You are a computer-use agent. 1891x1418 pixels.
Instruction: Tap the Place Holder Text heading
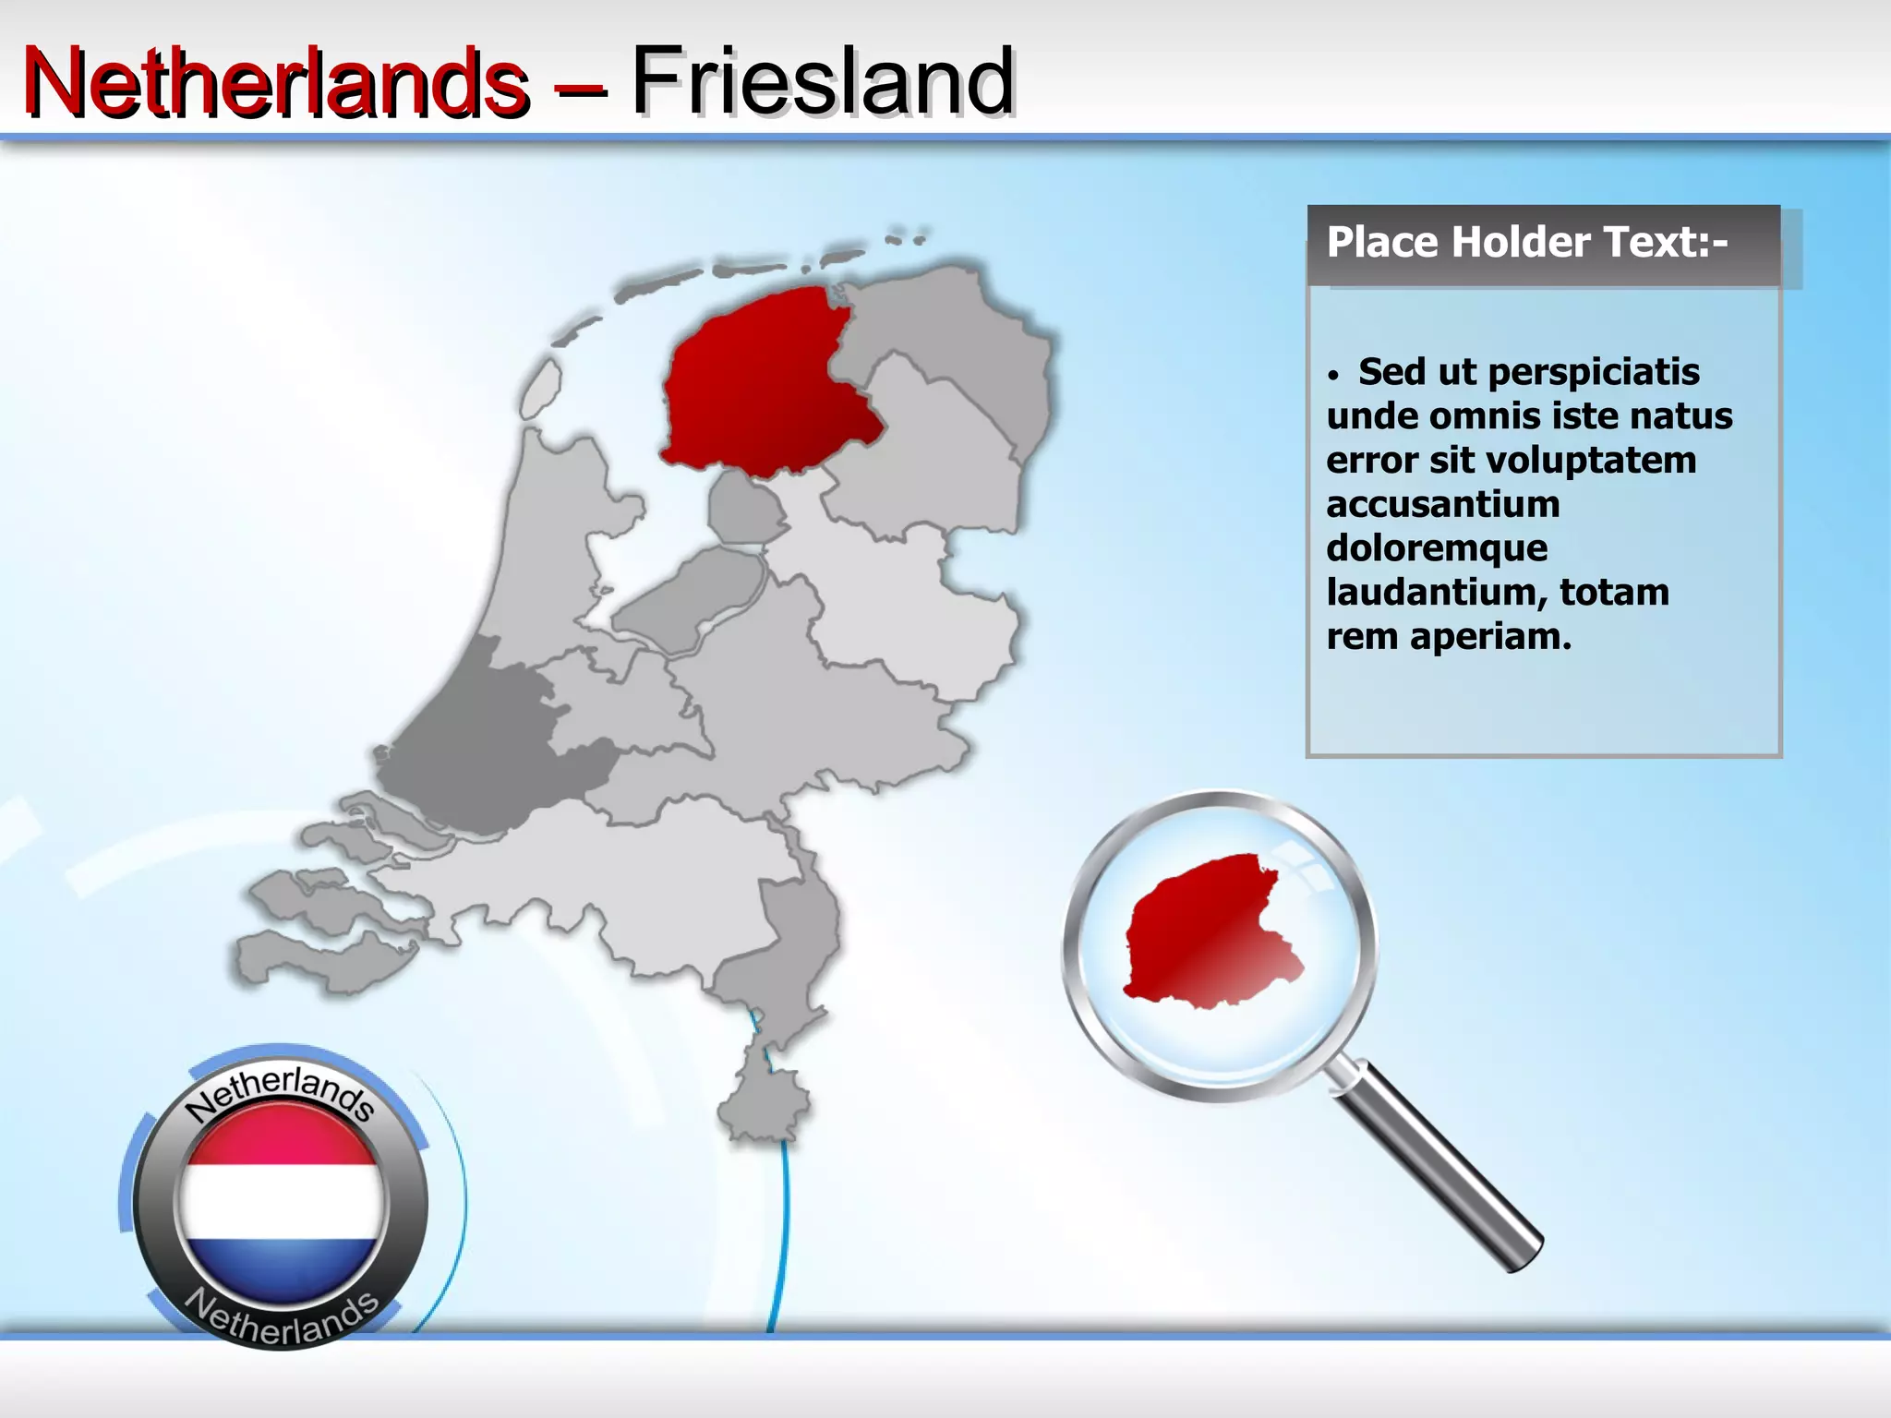tap(1526, 243)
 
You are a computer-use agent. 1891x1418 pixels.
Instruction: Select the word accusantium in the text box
tap(1442, 504)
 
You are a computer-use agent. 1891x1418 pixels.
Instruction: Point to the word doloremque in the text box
tap(1437, 548)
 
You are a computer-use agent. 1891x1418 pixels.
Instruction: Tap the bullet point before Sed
tap(1332, 376)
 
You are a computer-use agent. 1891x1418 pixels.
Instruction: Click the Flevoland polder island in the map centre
tap(688, 595)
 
